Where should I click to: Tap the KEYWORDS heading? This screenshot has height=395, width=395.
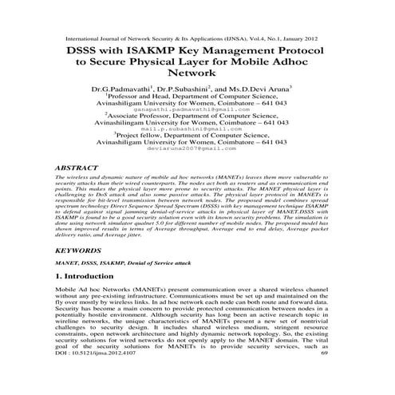tap(81, 250)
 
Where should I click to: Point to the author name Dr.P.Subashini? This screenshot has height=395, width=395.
tap(187, 93)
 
